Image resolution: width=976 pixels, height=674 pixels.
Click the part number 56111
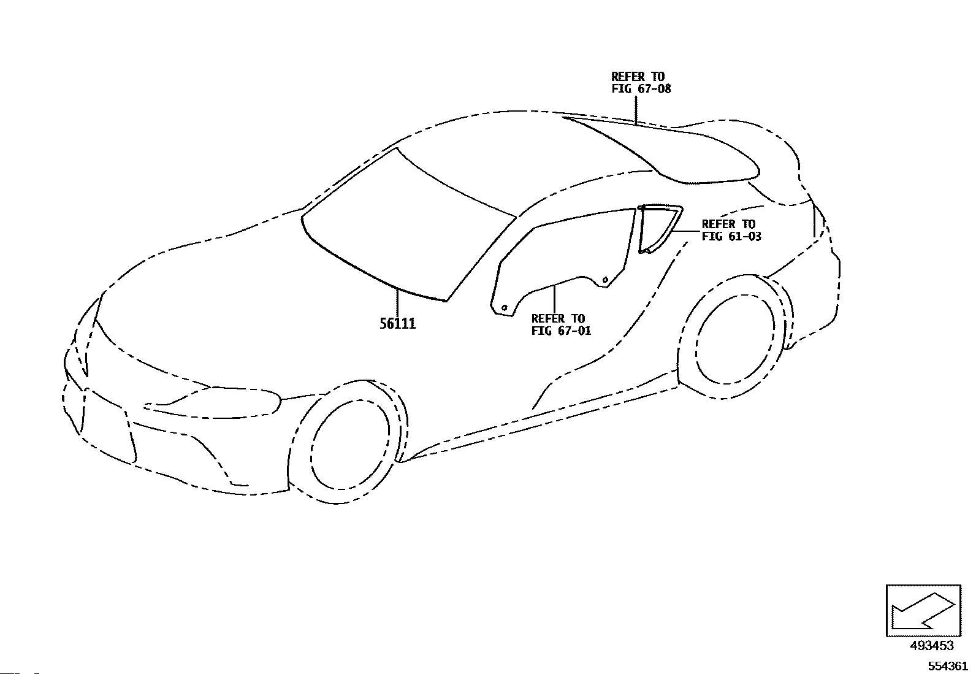click(397, 324)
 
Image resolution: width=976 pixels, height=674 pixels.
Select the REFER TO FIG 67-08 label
click(641, 83)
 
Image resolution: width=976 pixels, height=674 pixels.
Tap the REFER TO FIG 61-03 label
click(731, 230)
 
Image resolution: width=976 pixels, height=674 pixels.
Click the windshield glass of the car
click(405, 227)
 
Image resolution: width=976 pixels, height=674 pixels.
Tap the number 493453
click(931, 646)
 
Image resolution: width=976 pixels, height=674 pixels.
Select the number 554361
click(947, 666)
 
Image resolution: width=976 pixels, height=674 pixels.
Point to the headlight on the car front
click(215, 402)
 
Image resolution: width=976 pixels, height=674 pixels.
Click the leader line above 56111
click(397, 301)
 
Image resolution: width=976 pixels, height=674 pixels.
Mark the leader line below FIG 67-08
click(636, 110)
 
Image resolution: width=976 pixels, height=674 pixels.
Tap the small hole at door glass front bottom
click(504, 307)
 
